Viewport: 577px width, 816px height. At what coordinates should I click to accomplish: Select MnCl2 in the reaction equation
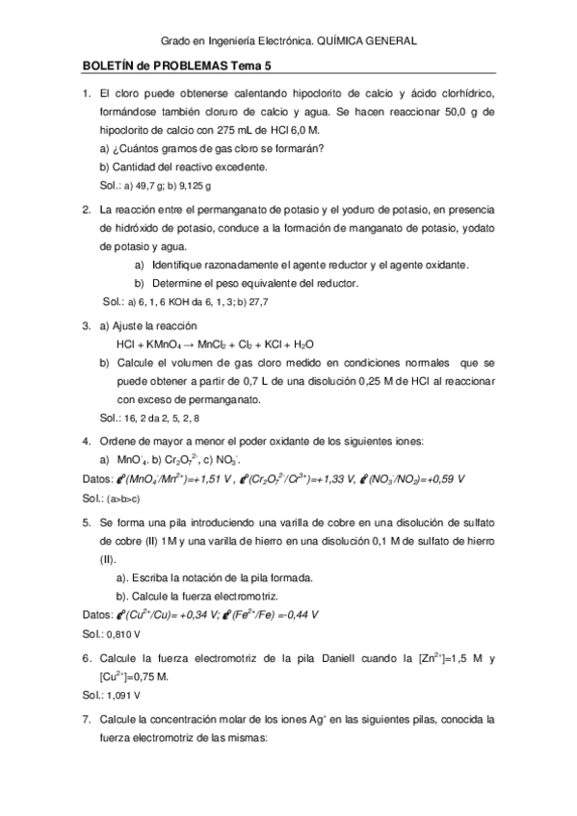pyautogui.click(x=215, y=344)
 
